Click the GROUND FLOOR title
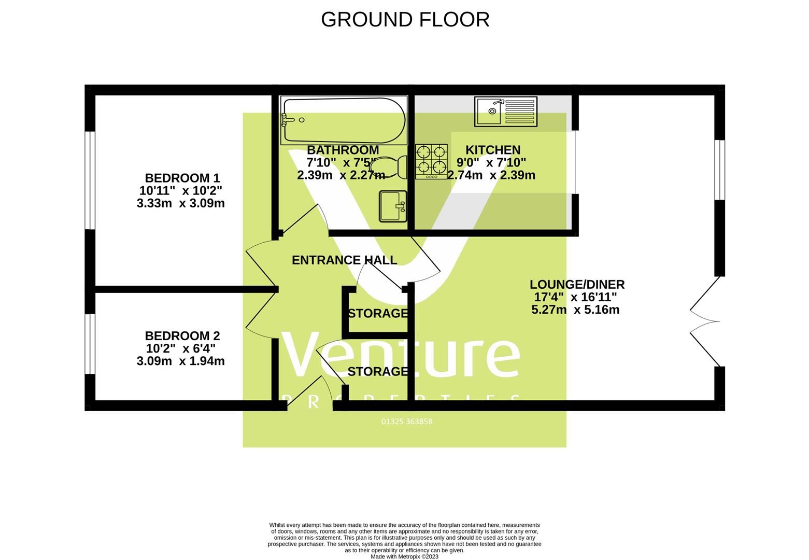(x=405, y=20)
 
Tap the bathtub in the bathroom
(x=344, y=120)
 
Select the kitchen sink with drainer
(x=506, y=111)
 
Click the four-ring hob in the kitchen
(x=431, y=161)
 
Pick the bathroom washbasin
(x=393, y=206)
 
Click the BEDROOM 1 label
(x=182, y=178)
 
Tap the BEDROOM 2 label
(x=182, y=336)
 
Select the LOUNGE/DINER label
(x=577, y=285)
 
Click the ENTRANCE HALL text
(x=345, y=260)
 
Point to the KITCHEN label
(x=493, y=150)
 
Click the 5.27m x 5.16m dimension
(x=575, y=310)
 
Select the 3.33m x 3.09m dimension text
(x=180, y=203)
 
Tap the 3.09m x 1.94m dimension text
(x=180, y=361)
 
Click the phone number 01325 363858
(x=407, y=422)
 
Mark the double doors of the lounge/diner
(x=704, y=321)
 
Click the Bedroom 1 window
(x=90, y=180)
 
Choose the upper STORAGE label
(x=378, y=314)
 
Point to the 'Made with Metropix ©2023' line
(x=404, y=557)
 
